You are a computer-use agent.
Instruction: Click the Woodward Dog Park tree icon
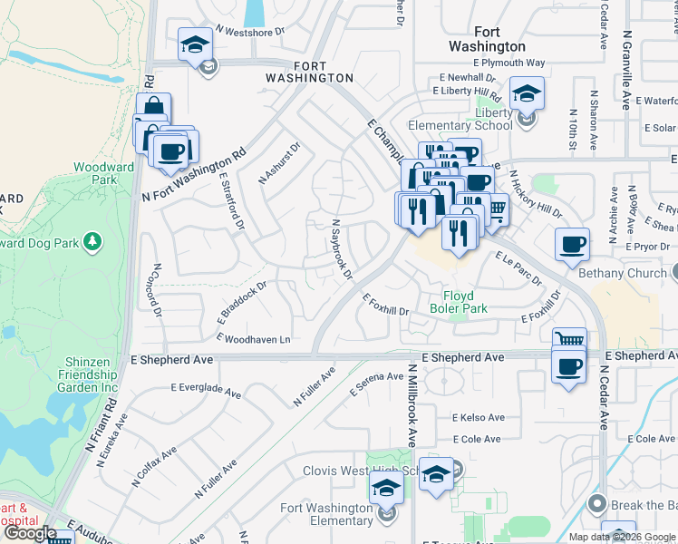[x=92, y=241]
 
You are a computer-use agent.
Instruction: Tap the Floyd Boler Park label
[x=466, y=302]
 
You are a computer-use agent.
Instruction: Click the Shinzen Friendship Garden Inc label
[x=91, y=374]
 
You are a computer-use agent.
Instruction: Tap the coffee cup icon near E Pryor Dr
[x=572, y=244]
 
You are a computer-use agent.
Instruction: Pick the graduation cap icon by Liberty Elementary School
[x=526, y=92]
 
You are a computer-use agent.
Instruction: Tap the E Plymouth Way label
[x=504, y=63]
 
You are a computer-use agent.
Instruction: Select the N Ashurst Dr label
[x=279, y=163]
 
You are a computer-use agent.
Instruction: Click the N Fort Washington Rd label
[x=194, y=179]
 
